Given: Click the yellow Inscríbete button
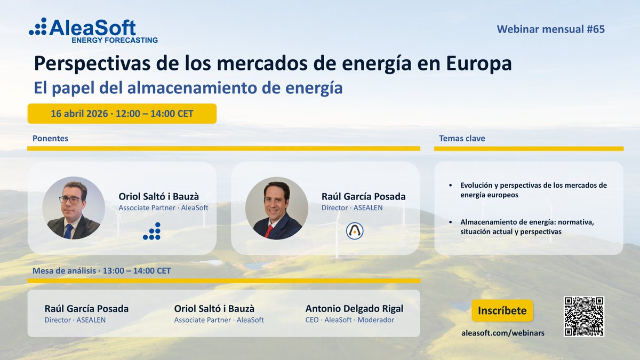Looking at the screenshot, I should click(502, 311).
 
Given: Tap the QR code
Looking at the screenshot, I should click(583, 316).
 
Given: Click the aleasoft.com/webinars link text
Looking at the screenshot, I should click(502, 333).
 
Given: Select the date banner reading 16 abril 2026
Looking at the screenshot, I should click(122, 114).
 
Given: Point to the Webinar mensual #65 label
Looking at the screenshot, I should click(550, 29).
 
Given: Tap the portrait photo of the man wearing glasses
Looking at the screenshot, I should click(74, 208).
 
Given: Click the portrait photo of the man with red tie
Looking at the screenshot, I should click(276, 208).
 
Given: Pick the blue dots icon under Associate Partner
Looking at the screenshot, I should click(152, 231).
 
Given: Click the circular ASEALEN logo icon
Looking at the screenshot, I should click(354, 230).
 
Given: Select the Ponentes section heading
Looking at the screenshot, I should click(50, 138).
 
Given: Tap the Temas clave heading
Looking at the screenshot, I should click(462, 138).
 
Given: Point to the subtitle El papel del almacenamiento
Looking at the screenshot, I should click(188, 87).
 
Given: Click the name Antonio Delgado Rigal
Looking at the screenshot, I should click(354, 309).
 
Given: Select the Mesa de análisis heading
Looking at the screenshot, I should click(101, 270).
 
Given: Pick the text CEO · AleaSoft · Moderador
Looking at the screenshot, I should click(349, 320).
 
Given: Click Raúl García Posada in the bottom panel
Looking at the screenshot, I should click(86, 309).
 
